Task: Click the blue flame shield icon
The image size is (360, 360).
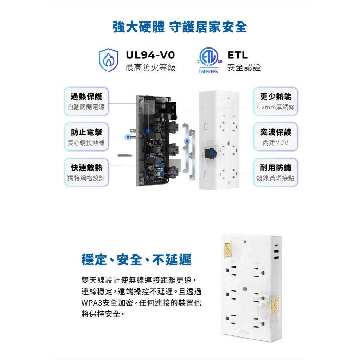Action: point(109,60)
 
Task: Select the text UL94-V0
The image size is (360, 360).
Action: point(150,55)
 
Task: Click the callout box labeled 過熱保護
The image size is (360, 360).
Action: point(86,101)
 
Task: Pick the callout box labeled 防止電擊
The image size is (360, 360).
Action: point(86,137)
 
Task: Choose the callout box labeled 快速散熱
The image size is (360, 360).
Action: point(86,172)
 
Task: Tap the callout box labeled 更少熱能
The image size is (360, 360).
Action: point(276,101)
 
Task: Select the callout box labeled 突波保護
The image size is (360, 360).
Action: point(276,137)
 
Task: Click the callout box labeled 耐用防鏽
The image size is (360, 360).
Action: point(276,172)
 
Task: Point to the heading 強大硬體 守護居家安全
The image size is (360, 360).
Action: point(180,27)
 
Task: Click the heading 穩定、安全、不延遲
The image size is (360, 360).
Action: point(136,260)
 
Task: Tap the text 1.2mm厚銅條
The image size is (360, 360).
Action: point(276,107)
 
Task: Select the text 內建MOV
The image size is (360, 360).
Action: point(276,143)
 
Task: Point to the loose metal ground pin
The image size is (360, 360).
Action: point(125,156)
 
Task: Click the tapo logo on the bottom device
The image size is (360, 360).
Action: point(243,332)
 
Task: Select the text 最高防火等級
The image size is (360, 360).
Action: point(150,67)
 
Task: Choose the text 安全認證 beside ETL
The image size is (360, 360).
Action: point(244,67)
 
